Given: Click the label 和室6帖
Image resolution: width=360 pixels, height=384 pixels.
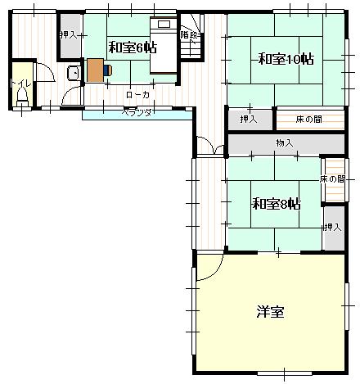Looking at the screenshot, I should [x=133, y=47].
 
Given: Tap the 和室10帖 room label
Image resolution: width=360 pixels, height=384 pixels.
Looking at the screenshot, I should [x=286, y=59].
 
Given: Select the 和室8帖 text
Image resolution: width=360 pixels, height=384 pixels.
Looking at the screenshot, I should [x=276, y=203].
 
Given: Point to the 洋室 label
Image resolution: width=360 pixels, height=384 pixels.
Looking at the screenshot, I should [x=270, y=311].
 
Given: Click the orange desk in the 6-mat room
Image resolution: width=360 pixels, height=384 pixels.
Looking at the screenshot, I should [x=95, y=70].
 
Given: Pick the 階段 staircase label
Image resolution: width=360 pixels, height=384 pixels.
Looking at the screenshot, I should [x=189, y=35].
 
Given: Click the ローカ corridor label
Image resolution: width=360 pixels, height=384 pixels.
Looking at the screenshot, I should [x=137, y=96].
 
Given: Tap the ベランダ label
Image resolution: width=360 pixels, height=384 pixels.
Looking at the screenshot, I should [x=137, y=112].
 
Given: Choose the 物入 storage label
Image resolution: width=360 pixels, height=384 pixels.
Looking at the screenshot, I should [x=285, y=143].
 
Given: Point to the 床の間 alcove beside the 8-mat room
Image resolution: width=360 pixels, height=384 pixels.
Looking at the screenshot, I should [x=333, y=179].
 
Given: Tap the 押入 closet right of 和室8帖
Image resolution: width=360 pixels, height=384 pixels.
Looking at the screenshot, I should [x=332, y=227].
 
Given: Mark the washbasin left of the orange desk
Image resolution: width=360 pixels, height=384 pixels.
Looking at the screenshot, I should [x=73, y=72].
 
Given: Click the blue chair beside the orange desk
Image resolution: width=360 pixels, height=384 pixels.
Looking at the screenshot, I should [x=108, y=70].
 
